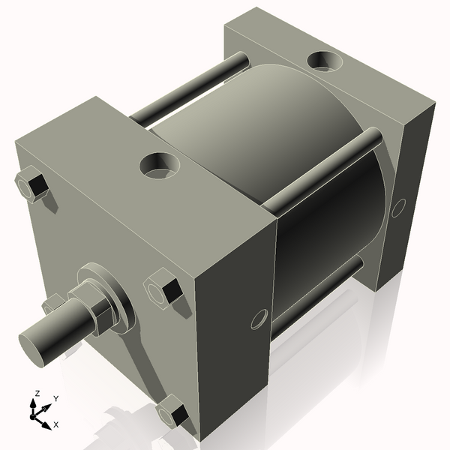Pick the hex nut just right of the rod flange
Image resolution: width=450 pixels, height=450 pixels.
[x=163, y=290]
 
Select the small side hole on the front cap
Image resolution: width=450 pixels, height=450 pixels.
[x=259, y=319]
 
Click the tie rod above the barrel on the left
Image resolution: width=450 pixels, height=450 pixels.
[x=187, y=90]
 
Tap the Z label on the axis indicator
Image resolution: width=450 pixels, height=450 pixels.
[x=37, y=393]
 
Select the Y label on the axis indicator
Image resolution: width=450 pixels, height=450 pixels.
[x=56, y=399]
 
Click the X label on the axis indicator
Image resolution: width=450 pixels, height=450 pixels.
[x=56, y=424]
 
